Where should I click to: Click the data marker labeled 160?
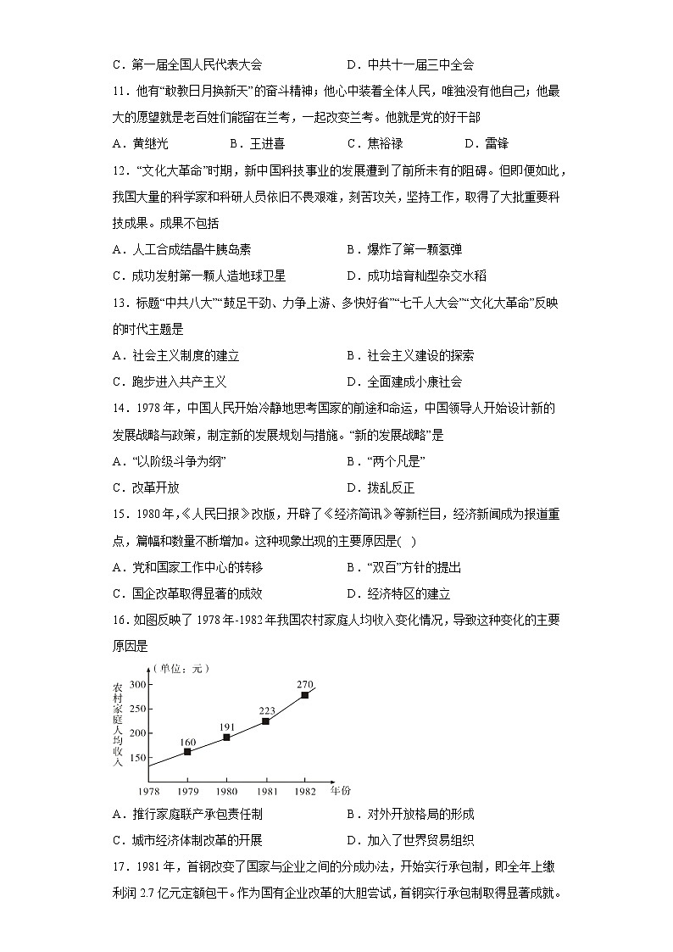[187, 752]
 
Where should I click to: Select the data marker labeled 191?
[226, 738]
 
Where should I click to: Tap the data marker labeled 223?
[265, 721]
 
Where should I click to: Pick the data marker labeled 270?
[304, 695]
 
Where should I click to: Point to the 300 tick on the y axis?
[138, 683]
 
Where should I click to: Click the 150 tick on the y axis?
[138, 758]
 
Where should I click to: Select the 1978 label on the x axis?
[149, 792]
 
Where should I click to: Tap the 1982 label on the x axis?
[304, 792]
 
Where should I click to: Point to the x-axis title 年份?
[340, 791]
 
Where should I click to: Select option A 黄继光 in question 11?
[140, 144]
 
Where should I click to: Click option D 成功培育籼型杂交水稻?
[416, 276]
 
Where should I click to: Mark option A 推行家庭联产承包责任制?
[186, 815]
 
